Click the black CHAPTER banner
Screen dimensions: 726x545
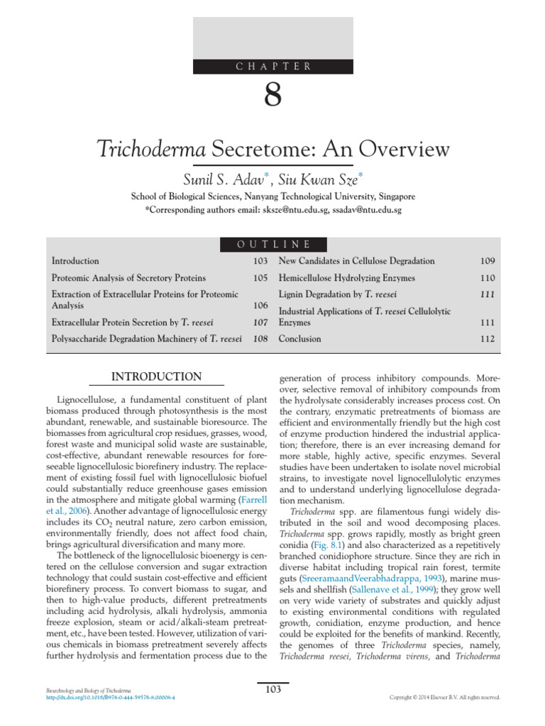click(273, 66)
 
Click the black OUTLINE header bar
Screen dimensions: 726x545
click(273, 245)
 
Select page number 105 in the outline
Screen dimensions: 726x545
click(260, 278)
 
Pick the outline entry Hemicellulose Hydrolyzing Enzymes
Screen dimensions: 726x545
click(347, 278)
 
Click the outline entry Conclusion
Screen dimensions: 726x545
click(299, 339)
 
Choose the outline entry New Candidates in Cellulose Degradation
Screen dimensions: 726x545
click(356, 261)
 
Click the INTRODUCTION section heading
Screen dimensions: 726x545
click(158, 376)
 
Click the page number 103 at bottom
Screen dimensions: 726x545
click(273, 689)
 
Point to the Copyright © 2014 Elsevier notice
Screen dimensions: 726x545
click(445, 698)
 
